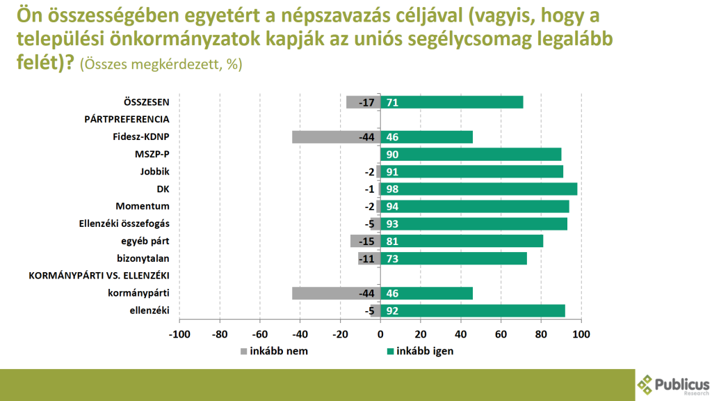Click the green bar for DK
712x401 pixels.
pos(478,189)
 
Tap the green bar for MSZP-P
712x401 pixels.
pos(471,155)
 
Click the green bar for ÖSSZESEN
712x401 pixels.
pos(451,102)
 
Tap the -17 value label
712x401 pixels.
pos(366,102)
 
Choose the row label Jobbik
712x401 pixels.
pos(155,172)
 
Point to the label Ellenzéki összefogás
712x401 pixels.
pos(125,224)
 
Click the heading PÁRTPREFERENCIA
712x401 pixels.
pos(127,120)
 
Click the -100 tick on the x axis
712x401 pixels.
pos(179,334)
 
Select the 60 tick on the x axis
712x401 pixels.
pos(500,334)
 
